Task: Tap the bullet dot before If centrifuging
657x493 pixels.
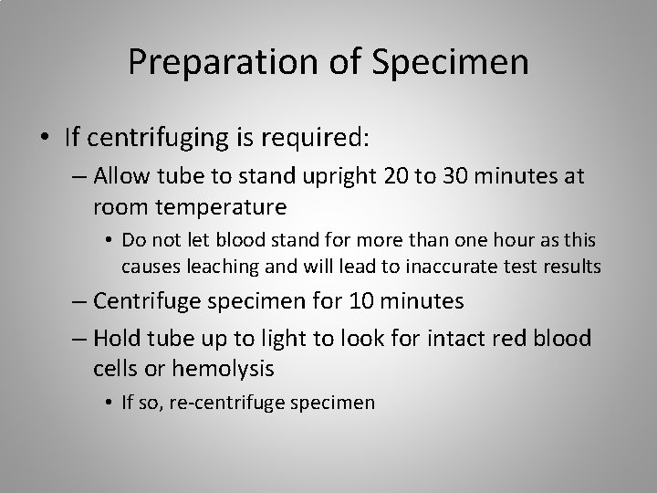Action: point(45,138)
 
